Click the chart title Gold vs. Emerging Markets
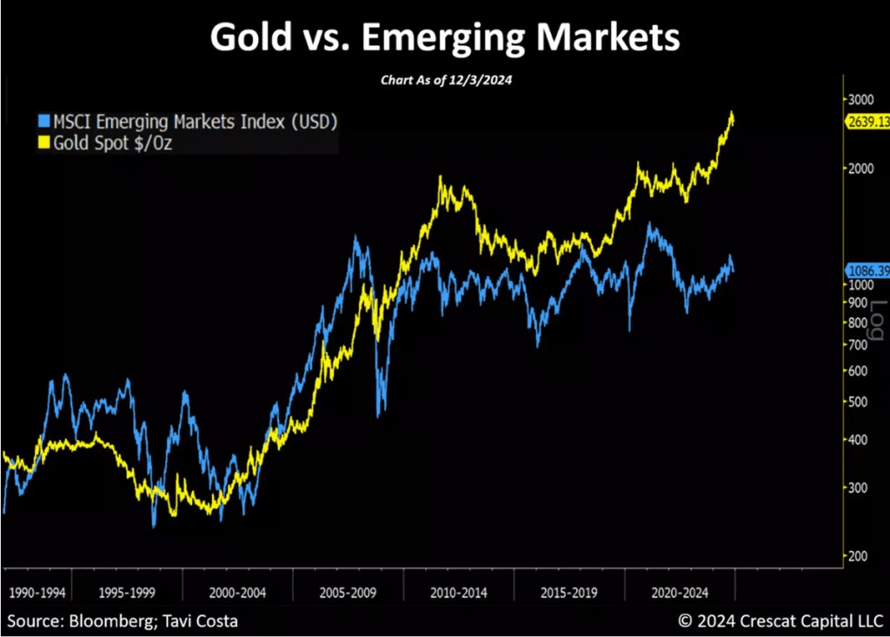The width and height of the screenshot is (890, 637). pos(444,37)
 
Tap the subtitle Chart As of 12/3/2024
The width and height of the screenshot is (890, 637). pos(444,79)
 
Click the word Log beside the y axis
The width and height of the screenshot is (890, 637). pos(878,320)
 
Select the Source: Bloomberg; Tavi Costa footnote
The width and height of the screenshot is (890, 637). pos(123,620)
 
